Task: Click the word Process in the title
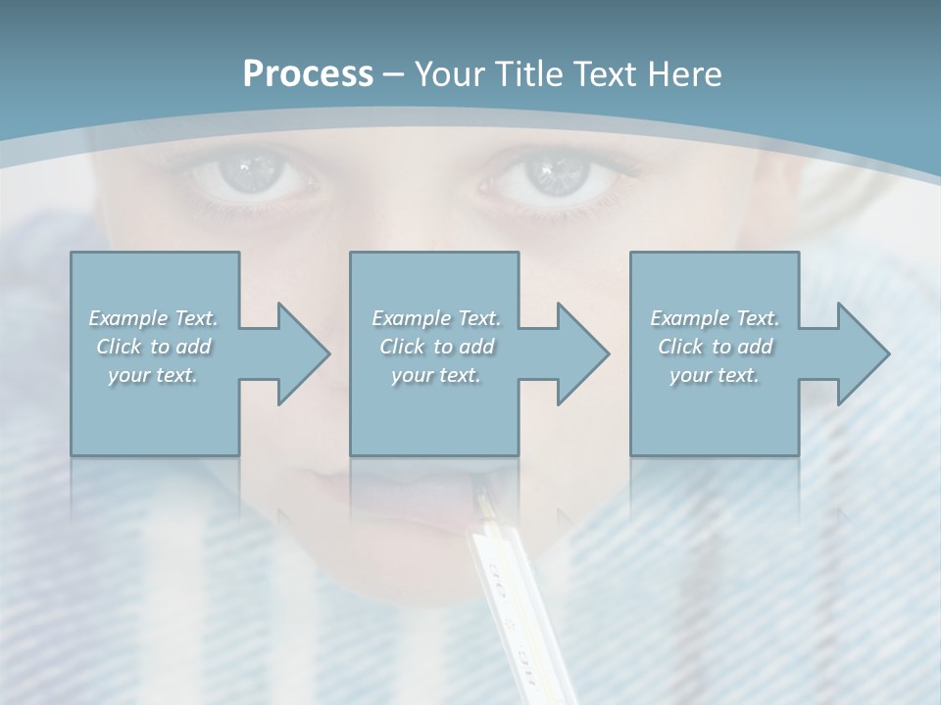[x=308, y=74]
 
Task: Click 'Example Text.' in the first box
[x=153, y=318]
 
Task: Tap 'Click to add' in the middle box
[x=436, y=347]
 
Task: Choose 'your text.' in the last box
[x=715, y=375]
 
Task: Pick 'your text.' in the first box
[x=153, y=375]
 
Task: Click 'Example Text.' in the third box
[x=715, y=318]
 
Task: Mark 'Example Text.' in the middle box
[x=436, y=318]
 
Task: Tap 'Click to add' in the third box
[x=715, y=347]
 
